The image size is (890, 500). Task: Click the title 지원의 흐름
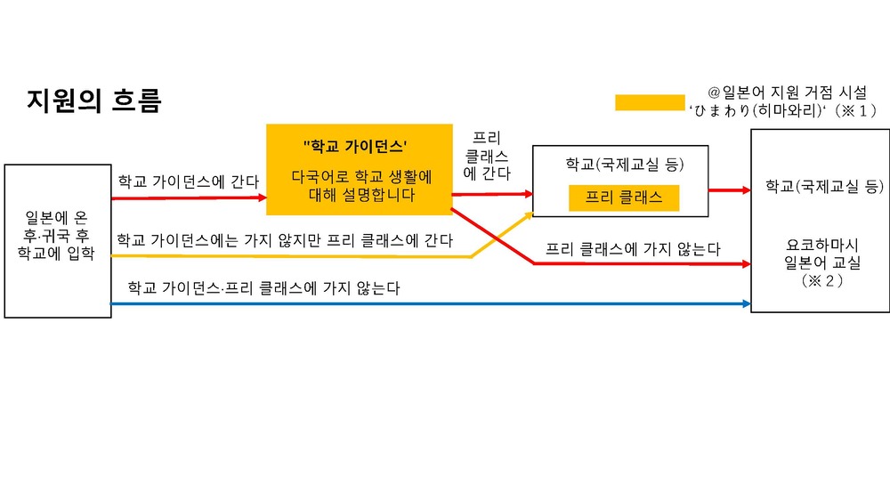pos(94,101)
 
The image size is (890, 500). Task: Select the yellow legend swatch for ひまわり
pos(650,102)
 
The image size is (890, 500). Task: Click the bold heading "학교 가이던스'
pos(355,147)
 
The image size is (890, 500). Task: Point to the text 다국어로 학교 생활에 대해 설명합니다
pos(361,186)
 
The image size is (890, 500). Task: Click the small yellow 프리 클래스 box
pos(624,198)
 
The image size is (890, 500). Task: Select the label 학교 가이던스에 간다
pos(188,181)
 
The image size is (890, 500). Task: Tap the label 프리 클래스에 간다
pos(487,156)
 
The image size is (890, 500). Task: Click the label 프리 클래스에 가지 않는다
pos(633,248)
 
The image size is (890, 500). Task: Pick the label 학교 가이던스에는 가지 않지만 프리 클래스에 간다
pos(285,240)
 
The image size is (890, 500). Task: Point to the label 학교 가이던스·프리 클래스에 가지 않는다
pos(263,287)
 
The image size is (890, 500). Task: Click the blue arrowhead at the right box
pos(747,303)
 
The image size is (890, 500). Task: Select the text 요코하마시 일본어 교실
pos(821,254)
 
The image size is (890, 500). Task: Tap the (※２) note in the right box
pos(821,280)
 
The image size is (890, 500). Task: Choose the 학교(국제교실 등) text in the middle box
pos(625,165)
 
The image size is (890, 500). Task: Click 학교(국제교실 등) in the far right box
pos(824,186)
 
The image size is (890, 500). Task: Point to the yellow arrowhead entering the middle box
pos(529,215)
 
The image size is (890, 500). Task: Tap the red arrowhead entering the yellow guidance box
pos(263,198)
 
